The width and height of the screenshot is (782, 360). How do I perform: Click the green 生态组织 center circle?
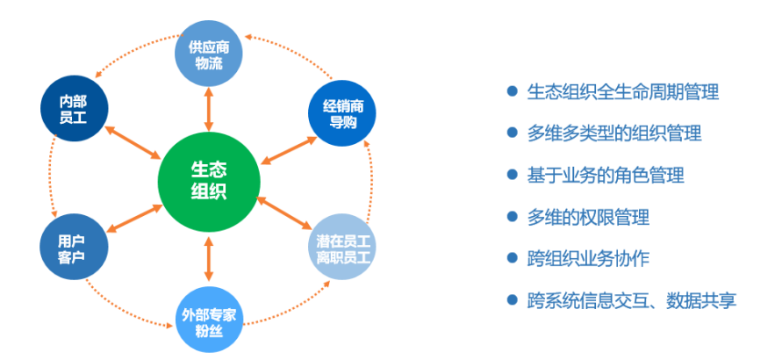(x=208, y=181)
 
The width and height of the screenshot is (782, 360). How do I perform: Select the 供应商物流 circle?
(x=209, y=54)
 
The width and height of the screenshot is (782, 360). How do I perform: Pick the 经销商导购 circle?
(x=342, y=112)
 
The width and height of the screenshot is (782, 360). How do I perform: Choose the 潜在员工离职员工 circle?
(x=344, y=247)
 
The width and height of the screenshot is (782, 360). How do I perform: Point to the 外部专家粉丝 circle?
(x=209, y=318)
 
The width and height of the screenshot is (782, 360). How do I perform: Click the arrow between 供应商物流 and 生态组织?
(x=209, y=108)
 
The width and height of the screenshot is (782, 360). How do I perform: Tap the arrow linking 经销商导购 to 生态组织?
(x=287, y=147)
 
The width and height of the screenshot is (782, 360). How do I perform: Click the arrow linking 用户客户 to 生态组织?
(x=133, y=217)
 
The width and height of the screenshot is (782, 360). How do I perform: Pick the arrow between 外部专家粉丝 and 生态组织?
(x=209, y=260)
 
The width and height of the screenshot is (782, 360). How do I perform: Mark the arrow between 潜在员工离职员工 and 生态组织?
(x=284, y=215)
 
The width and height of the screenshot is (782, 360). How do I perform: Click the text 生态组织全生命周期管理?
(x=622, y=91)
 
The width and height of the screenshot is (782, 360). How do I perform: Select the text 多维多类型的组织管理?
(x=613, y=133)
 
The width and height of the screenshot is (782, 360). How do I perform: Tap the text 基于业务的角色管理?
(x=605, y=175)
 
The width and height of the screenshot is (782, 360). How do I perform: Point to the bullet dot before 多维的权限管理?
(x=513, y=216)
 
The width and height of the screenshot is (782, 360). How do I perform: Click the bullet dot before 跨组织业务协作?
(x=513, y=258)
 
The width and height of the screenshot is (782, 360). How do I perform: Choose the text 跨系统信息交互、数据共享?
(x=631, y=300)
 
